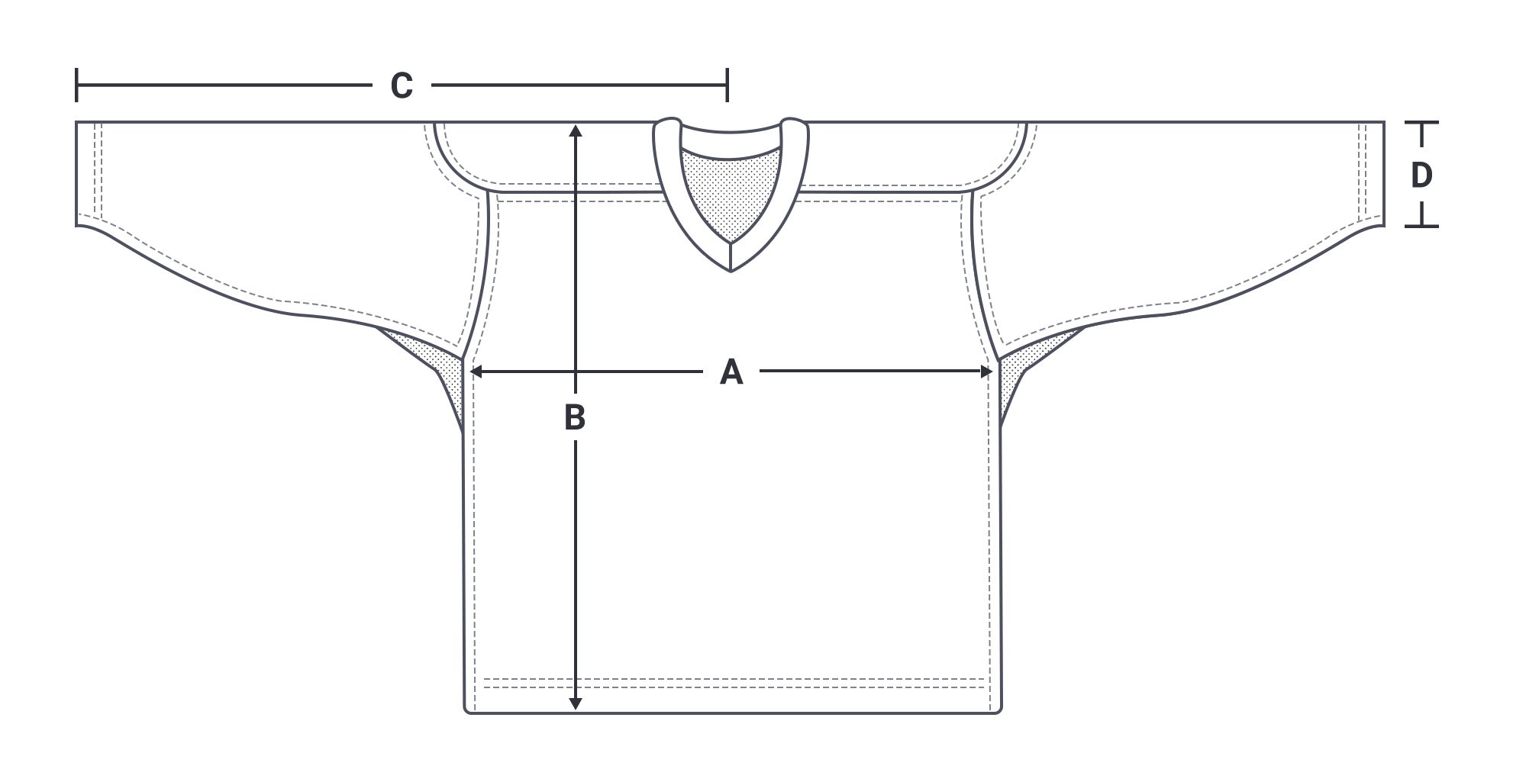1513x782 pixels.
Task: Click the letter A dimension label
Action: (731, 372)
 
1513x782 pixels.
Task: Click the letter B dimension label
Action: (575, 417)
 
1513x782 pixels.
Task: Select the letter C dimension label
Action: (402, 85)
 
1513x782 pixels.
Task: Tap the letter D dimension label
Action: (1421, 175)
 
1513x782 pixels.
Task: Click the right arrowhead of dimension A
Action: (986, 372)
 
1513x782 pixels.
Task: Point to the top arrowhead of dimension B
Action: (576, 130)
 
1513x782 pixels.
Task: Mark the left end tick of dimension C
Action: (76, 85)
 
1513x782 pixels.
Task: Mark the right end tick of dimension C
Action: (727, 85)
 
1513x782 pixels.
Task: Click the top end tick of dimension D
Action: (1421, 122)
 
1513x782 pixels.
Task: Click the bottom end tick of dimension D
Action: (1421, 227)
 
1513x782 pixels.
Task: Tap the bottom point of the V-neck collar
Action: (731, 271)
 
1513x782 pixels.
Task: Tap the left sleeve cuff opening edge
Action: (77, 174)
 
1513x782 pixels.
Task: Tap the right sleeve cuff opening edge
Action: (1384, 174)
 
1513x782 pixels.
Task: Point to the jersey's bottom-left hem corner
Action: (467, 710)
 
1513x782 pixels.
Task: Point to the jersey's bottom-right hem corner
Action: (999, 710)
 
